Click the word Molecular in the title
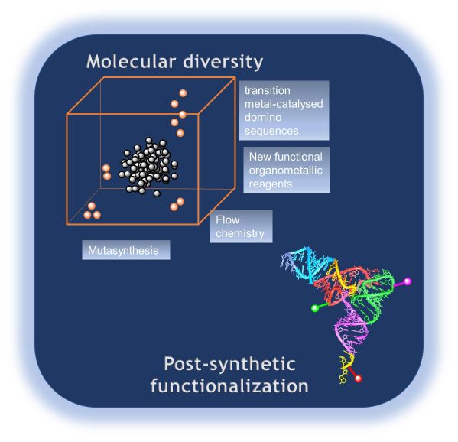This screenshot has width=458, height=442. [132, 62]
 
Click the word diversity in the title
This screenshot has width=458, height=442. [223, 62]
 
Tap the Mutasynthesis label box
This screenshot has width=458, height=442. [126, 250]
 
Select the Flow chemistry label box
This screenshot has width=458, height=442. [242, 226]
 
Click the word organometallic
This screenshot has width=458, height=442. [286, 171]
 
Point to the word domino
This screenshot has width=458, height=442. [263, 118]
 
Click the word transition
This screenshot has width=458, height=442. [268, 90]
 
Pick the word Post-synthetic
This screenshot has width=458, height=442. [229, 364]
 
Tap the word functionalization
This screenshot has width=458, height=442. [229, 385]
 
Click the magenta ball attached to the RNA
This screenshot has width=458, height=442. [408, 281]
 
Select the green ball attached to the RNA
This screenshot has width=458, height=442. [315, 308]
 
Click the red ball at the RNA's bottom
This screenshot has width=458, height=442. [358, 379]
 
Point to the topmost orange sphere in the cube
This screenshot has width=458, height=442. [183, 93]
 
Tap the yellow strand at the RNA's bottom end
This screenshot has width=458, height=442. [346, 368]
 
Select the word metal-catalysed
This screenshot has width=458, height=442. [284, 104]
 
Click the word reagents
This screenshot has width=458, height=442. [271, 184]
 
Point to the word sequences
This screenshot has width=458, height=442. [271, 132]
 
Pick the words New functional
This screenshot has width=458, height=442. [286, 157]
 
